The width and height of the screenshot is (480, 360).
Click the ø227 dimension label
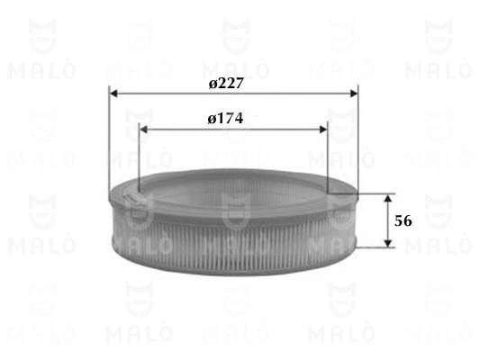tap(227, 82)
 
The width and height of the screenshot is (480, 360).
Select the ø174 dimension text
tap(226, 118)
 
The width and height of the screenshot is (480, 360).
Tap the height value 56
tap(403, 220)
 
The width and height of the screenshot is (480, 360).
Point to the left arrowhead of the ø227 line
tap(113, 92)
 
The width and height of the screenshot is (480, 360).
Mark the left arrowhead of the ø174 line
tap(145, 128)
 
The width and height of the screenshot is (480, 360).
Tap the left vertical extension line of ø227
tap(108, 135)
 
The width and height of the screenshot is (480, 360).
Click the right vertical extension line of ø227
tap(358, 135)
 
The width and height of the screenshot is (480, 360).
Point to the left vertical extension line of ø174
tap(140, 157)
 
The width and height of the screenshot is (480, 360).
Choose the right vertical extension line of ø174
tap(328, 157)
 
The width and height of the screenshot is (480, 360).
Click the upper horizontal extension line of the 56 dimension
tap(374, 193)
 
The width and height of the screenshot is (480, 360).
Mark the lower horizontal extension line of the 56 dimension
tap(374, 247)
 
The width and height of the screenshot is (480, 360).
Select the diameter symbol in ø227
tap(212, 83)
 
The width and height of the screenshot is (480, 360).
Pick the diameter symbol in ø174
tap(211, 119)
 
